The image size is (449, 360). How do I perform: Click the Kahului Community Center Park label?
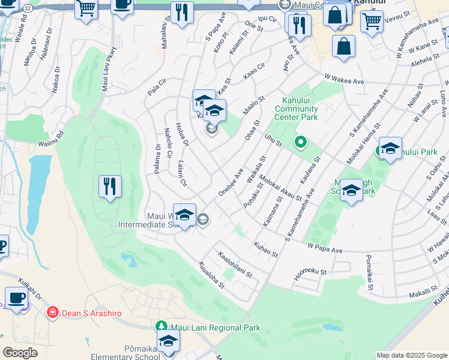pyautogui.click(x=296, y=113)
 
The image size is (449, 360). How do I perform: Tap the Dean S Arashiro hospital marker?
pyautogui.click(x=53, y=312)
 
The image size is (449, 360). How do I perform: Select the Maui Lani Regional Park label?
pyautogui.click(x=207, y=328)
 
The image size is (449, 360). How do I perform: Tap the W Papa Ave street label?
pyautogui.click(x=324, y=247)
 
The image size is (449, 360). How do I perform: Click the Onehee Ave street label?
pyautogui.click(x=231, y=181)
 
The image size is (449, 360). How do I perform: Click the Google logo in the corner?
pyautogui.click(x=20, y=353)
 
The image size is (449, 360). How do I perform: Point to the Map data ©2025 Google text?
pyautogui.click(x=412, y=355)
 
